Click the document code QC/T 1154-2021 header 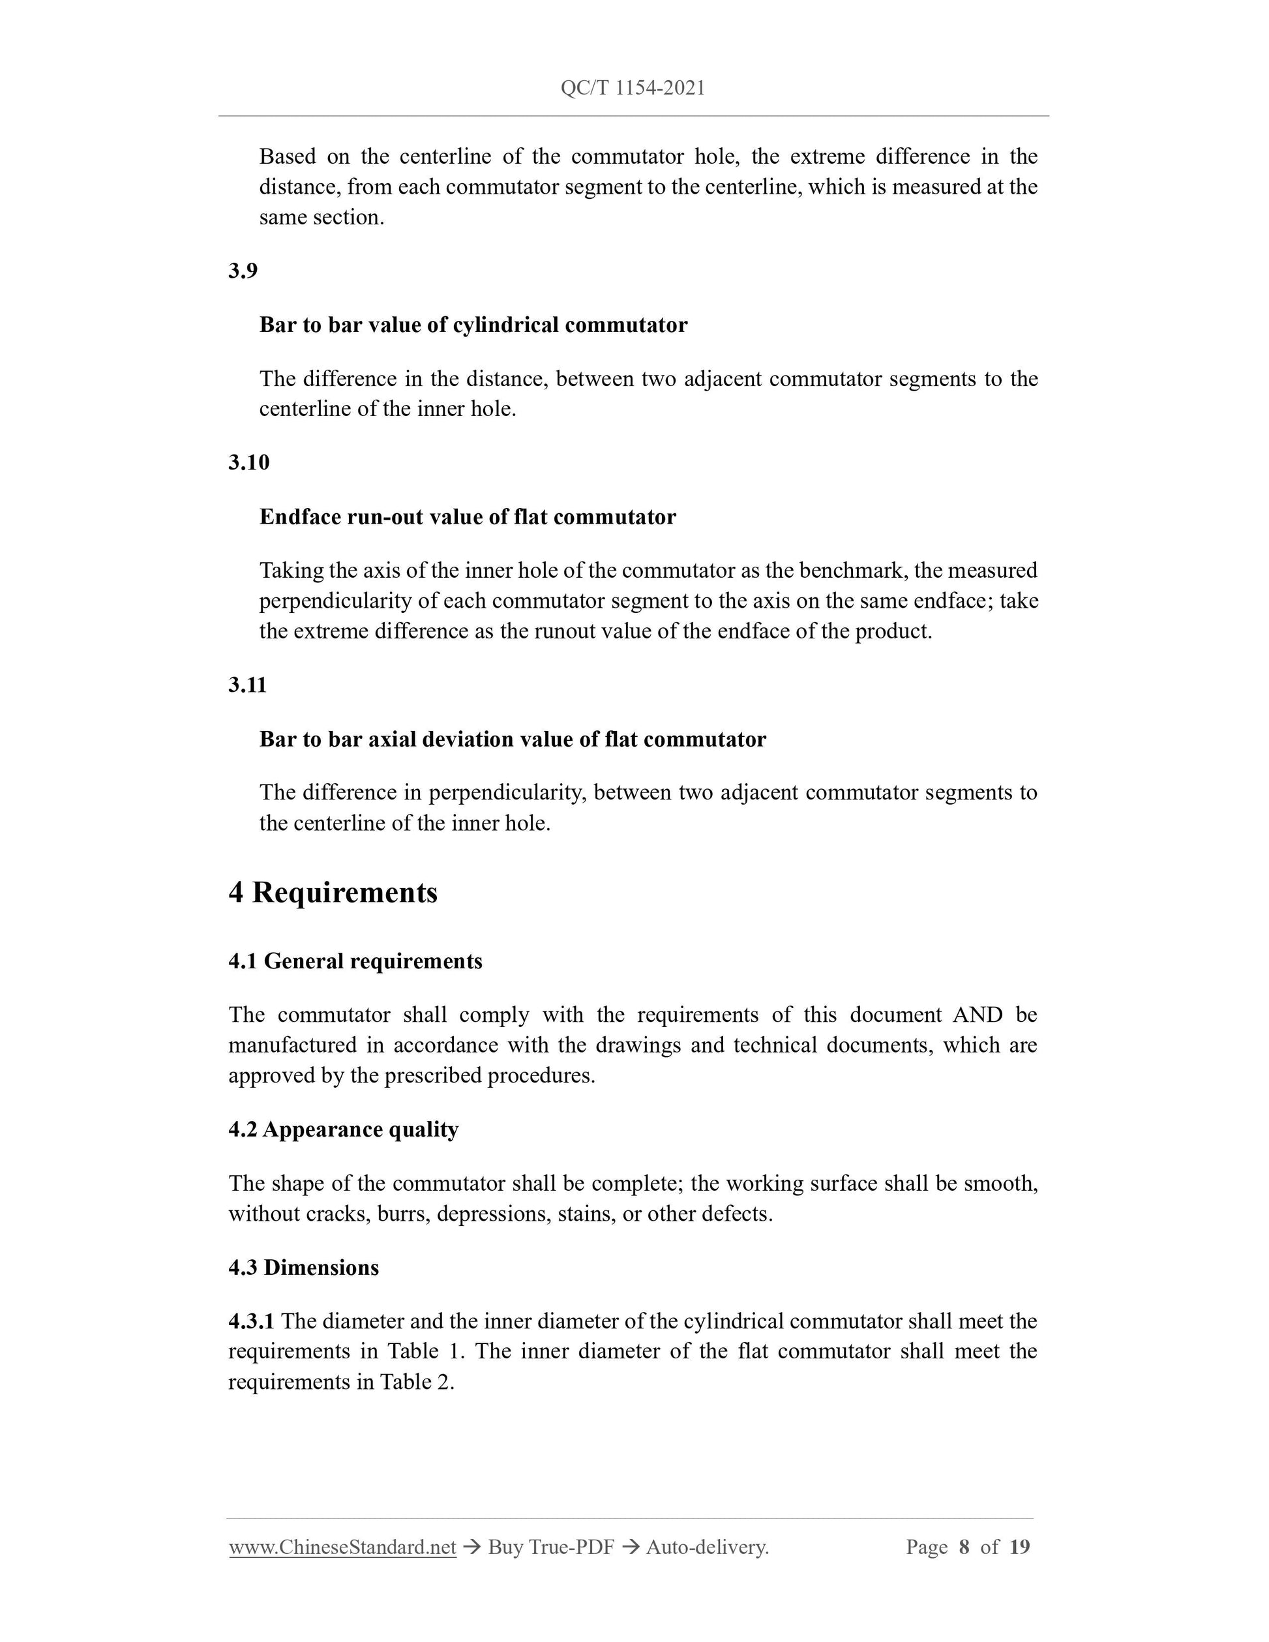pyautogui.click(x=633, y=89)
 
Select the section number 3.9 pyautogui.click(x=243, y=271)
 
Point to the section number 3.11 pyautogui.click(x=247, y=685)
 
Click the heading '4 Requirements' pyautogui.click(x=333, y=893)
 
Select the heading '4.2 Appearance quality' pyautogui.click(x=343, y=1129)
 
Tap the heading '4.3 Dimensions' pyautogui.click(x=303, y=1268)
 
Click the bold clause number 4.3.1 pyautogui.click(x=251, y=1321)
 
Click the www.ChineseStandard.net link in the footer pyautogui.click(x=342, y=1547)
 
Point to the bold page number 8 pyautogui.click(x=964, y=1547)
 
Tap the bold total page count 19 pyautogui.click(x=1019, y=1547)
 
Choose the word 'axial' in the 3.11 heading pyautogui.click(x=393, y=739)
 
